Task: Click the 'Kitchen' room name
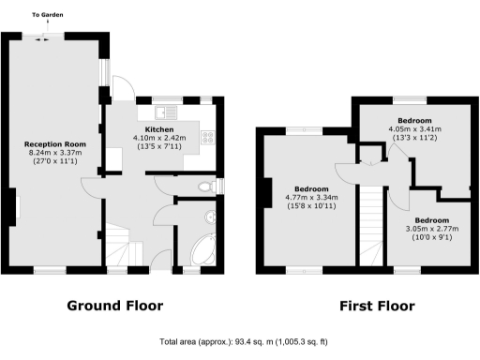158,129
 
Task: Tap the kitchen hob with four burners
207,138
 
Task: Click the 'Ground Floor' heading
115,306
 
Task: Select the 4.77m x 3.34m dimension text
311,198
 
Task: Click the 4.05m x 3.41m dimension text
415,129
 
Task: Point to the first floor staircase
374,225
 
